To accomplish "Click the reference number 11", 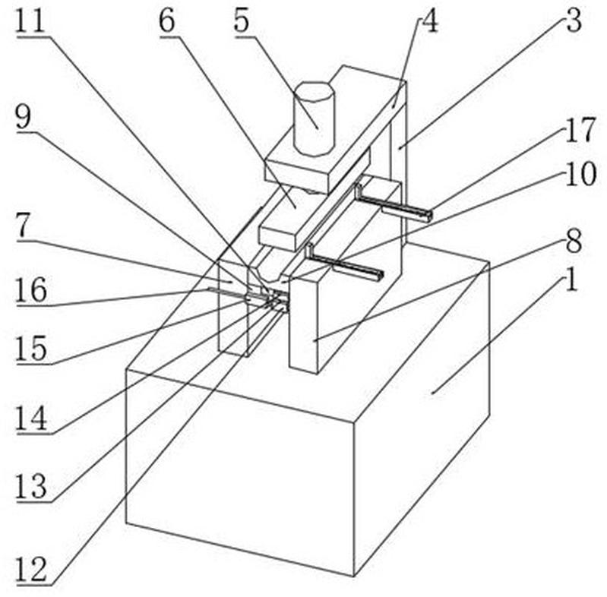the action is coord(31,22).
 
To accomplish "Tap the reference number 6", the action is coord(167,22).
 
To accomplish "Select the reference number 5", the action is coord(241,22).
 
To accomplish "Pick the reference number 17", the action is coord(580,130).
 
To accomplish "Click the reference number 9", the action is coord(24,117).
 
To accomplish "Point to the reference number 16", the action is coord(31,290).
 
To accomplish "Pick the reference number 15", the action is coord(31,349).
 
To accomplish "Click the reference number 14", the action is coord(31,419).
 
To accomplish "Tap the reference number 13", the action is coord(31,487).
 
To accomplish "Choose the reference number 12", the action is coord(31,570).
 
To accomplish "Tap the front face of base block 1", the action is coord(240,472).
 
